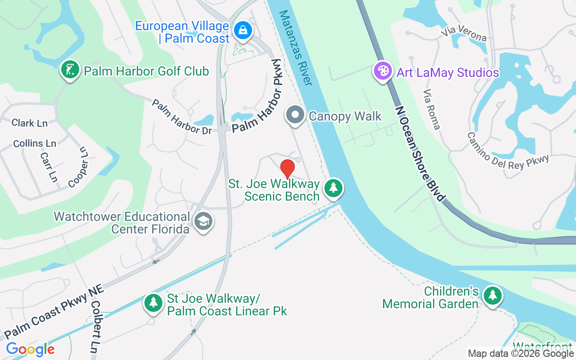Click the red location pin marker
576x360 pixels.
click(288, 169)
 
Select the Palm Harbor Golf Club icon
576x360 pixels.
click(70, 71)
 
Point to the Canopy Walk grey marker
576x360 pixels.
click(295, 115)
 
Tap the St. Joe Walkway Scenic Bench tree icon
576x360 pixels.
click(333, 188)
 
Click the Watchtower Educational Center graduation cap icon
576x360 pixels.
click(203, 221)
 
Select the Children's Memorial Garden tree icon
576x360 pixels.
click(493, 296)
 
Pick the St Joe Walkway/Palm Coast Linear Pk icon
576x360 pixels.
click(153, 303)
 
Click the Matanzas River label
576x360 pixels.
click(296, 48)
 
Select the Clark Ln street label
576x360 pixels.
click(30, 123)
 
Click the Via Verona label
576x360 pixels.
click(464, 34)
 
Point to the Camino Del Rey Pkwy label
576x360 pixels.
click(508, 150)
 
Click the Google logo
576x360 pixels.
click(30, 349)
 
